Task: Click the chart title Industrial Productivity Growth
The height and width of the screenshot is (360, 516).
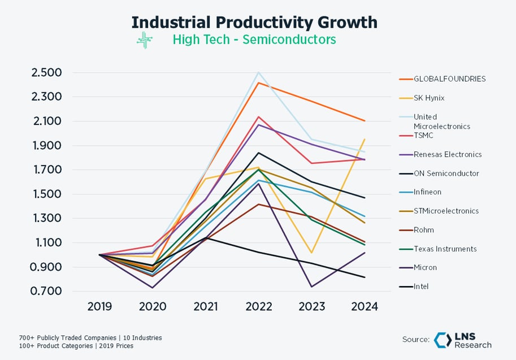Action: [254, 22]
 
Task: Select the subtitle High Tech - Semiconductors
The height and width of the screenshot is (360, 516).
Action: [254, 40]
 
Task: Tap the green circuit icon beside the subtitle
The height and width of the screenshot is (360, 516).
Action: [145, 40]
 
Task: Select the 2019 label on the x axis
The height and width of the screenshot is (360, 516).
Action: [99, 307]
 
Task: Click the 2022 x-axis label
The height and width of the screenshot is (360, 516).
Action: [259, 307]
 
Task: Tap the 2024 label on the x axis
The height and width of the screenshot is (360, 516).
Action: [365, 307]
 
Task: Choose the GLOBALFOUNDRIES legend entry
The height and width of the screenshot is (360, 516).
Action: [441, 79]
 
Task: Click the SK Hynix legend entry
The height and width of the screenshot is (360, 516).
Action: [421, 98]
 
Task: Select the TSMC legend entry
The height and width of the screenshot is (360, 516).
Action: [415, 136]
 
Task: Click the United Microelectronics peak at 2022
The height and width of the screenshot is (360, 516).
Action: [259, 72]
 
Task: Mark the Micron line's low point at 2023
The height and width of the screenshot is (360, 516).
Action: [311, 287]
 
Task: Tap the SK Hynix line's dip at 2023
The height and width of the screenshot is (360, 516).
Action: [311, 253]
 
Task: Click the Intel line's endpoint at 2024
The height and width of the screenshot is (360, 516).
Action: [365, 277]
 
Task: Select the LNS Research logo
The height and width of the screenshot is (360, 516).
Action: [463, 340]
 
